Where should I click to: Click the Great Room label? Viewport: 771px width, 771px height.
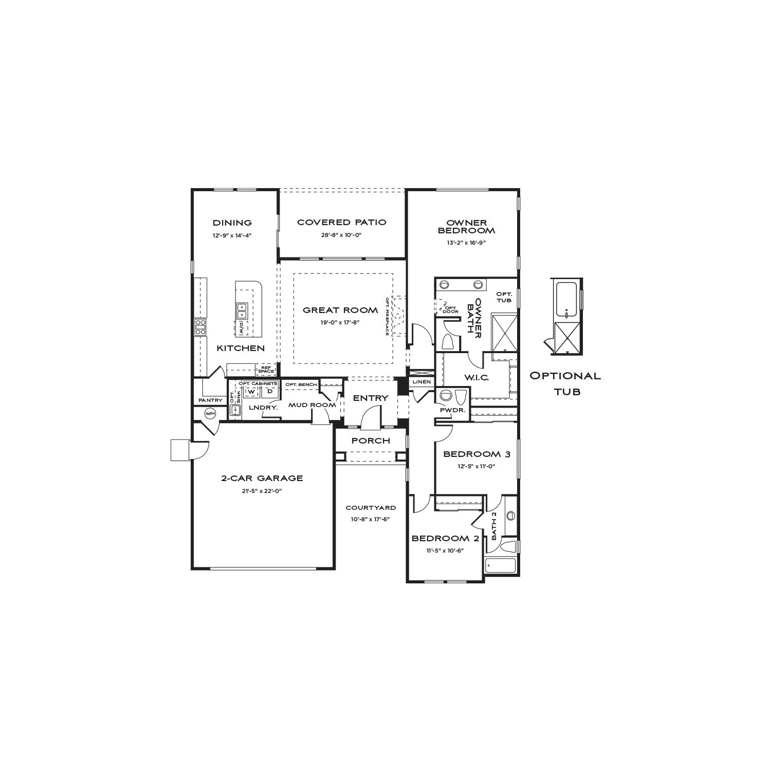click(x=340, y=310)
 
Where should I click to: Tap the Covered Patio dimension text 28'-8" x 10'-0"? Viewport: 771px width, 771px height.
click(x=342, y=235)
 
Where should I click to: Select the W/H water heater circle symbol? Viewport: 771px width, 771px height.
click(x=210, y=413)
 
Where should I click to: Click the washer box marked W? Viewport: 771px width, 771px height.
click(x=251, y=392)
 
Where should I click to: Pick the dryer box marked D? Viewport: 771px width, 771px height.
click(x=269, y=392)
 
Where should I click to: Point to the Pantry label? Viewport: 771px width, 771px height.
click(x=211, y=400)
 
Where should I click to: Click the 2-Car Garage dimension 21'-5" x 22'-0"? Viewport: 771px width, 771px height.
click(x=262, y=491)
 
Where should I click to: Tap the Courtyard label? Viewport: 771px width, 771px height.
click(x=371, y=508)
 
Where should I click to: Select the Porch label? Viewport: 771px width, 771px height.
click(x=371, y=441)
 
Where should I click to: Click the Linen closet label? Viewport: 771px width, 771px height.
click(x=421, y=382)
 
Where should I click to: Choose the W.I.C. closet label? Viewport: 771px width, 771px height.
click(x=476, y=378)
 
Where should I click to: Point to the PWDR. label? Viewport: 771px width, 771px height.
click(x=452, y=410)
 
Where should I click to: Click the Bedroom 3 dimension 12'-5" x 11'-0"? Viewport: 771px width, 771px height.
click(x=476, y=467)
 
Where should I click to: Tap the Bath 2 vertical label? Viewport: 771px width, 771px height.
click(x=494, y=525)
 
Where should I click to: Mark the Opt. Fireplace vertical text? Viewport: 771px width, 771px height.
click(x=387, y=317)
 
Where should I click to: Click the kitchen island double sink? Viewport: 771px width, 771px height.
click(x=242, y=310)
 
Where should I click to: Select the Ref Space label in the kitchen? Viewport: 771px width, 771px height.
click(x=266, y=370)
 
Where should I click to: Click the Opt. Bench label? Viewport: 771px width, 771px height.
click(x=301, y=385)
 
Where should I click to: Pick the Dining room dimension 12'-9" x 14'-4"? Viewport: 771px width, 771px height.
click(x=232, y=235)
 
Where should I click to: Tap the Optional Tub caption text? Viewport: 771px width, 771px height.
click(x=565, y=383)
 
